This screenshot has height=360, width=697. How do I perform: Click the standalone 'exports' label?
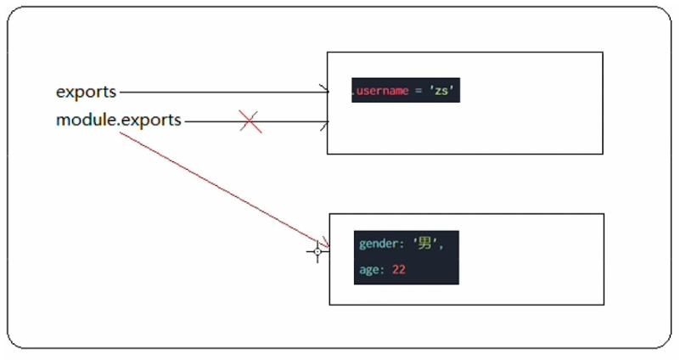(86, 91)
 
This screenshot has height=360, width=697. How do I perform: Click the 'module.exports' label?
(119, 121)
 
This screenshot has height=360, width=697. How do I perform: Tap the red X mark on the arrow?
(250, 121)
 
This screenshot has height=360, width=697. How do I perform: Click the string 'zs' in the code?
(441, 91)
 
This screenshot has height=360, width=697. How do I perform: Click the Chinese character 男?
(424, 245)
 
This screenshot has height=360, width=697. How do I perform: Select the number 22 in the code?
(399, 270)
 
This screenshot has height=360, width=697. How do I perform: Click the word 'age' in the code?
(370, 270)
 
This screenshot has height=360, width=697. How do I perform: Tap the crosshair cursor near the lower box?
(318, 251)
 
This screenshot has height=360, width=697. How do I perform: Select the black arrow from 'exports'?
(221, 91)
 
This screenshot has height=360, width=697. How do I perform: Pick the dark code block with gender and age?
(406, 257)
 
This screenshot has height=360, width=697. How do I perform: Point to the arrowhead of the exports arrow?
(324, 91)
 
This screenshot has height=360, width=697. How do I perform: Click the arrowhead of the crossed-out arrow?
(324, 126)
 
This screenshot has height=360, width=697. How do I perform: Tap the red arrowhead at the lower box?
(323, 245)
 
